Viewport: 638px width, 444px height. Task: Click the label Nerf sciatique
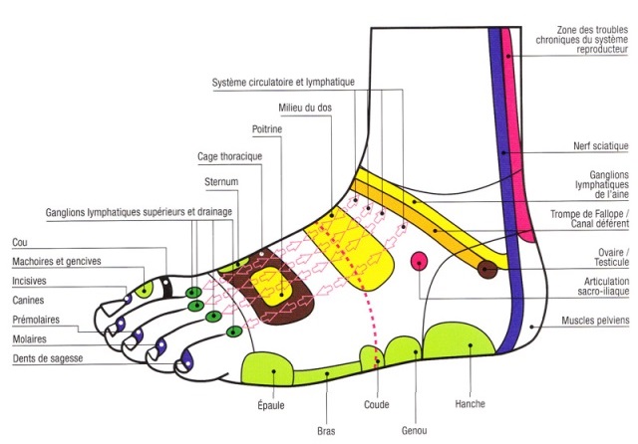tap(601, 146)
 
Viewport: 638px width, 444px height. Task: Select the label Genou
tap(415, 429)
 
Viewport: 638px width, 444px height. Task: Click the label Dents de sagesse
tap(48, 357)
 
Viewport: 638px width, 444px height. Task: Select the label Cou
tap(19, 242)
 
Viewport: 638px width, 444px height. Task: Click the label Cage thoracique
tap(228, 155)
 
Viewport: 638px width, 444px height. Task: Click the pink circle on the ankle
tap(420, 261)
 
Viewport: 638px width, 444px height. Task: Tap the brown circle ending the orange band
tap(486, 268)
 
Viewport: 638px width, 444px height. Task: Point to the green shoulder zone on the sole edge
tap(269, 367)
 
